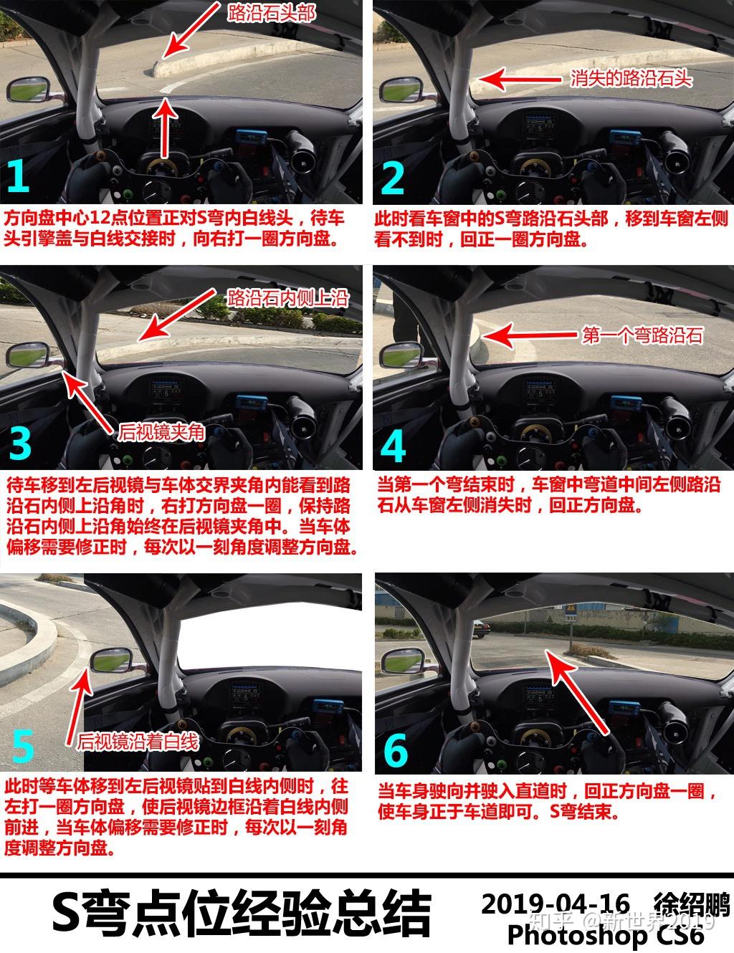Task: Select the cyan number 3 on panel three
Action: [x=21, y=444]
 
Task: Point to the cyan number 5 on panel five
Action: [x=23, y=746]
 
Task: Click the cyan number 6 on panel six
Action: [x=395, y=750]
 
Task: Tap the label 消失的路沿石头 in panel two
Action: [x=631, y=78]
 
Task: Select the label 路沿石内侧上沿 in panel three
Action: [x=287, y=297]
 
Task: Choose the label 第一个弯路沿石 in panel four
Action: [x=642, y=334]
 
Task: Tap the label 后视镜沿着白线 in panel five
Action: [x=138, y=739]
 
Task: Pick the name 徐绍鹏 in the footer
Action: [x=690, y=903]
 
